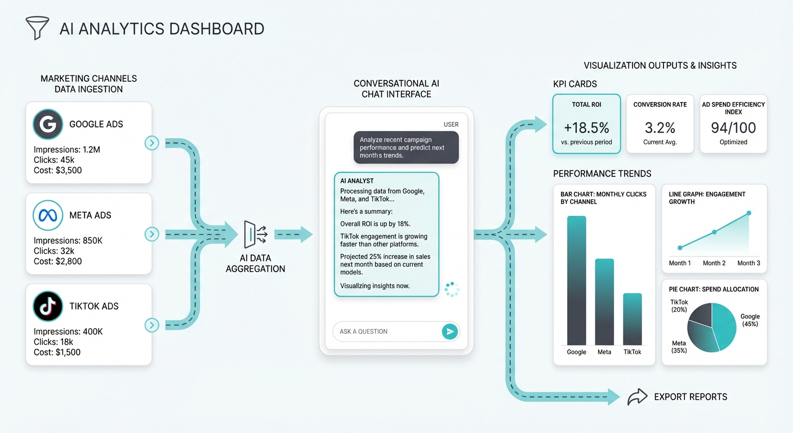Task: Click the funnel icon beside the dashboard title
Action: click(x=37, y=28)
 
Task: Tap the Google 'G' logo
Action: click(x=48, y=124)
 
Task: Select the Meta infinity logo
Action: click(x=48, y=215)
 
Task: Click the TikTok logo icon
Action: click(x=48, y=306)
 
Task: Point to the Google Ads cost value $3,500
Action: click(x=69, y=170)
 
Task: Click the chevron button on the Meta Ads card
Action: click(x=152, y=234)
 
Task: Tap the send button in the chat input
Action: click(x=449, y=332)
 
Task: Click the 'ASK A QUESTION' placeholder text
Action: click(x=364, y=332)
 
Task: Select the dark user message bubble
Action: click(x=406, y=148)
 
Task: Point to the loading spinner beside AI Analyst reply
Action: click(x=452, y=289)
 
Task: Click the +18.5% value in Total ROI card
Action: click(x=586, y=127)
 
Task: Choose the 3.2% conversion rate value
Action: click(x=660, y=127)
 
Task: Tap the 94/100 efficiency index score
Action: click(x=733, y=127)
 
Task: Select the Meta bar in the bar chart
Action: click(x=604, y=302)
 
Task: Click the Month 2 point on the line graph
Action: click(x=714, y=232)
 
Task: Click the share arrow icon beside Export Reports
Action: click(x=637, y=397)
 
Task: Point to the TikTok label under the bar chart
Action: click(x=632, y=352)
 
